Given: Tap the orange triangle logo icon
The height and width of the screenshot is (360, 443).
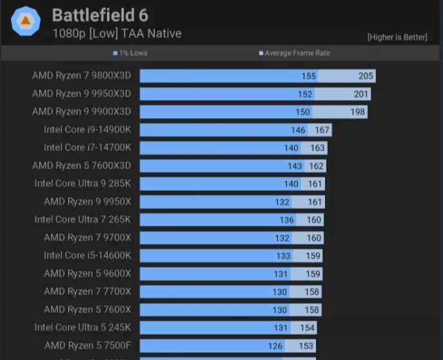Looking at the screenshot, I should coord(26,22).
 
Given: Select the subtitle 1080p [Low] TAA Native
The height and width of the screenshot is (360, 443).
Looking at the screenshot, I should coord(117,34).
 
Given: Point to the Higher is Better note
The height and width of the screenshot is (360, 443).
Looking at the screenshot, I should coord(397,37).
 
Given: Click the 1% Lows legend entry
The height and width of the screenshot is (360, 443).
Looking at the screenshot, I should coord(131,53).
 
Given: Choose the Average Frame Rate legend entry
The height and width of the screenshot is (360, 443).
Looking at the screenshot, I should coord(295,53).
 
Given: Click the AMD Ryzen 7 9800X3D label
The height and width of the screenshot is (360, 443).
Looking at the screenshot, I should coord(81,75).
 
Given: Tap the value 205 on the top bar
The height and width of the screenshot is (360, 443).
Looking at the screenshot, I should coord(366,76).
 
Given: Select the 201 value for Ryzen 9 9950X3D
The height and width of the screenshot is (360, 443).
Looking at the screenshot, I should coord(361,94).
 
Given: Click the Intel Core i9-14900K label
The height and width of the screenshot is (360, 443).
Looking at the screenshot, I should coord(87,130).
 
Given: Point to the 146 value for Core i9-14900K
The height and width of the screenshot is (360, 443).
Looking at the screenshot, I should coord(298,130).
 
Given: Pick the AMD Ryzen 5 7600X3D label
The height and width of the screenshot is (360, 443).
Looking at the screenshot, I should coord(81,166).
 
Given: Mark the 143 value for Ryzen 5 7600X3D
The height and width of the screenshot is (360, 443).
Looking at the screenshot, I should coord(295,166).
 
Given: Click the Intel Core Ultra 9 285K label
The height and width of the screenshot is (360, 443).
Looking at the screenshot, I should coord(83,184).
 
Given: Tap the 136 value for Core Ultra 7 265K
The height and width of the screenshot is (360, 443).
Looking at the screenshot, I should coord(287,220).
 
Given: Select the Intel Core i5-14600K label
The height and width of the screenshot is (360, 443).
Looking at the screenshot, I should coord(87,255).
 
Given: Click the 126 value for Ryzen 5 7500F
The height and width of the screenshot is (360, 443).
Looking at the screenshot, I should coord(275,346).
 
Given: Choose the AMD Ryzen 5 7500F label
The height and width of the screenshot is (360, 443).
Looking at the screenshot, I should coord(88,346).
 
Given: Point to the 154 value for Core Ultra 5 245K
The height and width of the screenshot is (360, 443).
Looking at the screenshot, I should coord(307,328).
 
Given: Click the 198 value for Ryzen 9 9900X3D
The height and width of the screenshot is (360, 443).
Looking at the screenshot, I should coord(358,112).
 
